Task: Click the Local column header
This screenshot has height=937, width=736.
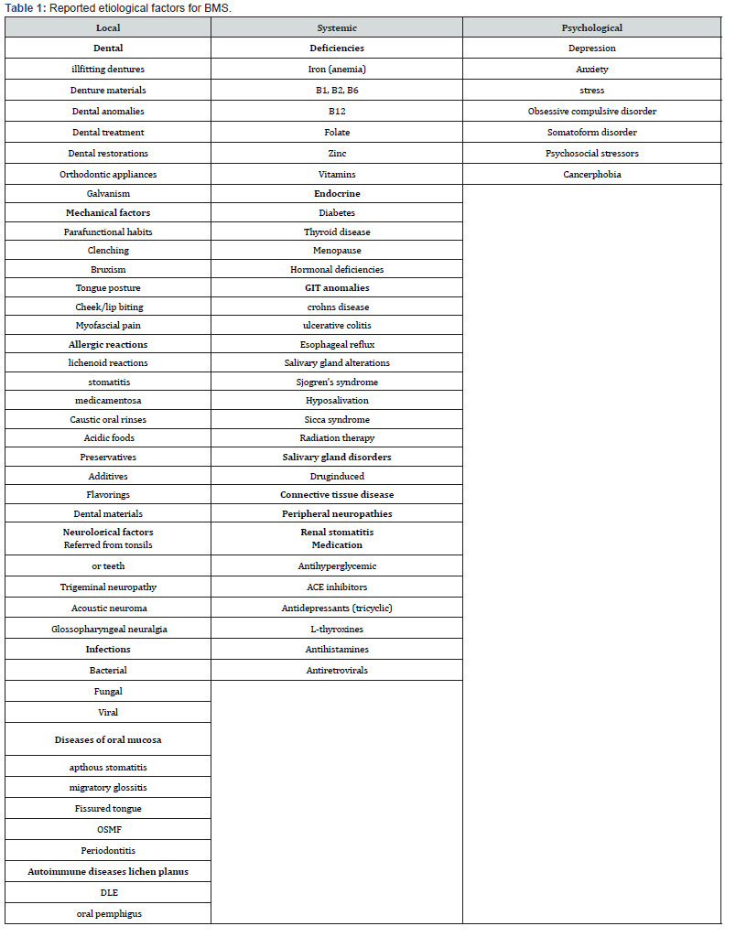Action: click(x=108, y=27)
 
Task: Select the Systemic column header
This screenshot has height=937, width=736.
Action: click(x=337, y=27)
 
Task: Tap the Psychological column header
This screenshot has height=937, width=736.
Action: click(x=591, y=27)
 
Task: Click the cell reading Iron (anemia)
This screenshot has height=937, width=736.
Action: click(x=337, y=70)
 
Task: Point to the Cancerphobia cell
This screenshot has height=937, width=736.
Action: click(x=591, y=174)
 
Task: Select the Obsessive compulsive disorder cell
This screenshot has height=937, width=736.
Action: click(x=591, y=111)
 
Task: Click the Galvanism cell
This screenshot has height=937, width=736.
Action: click(x=108, y=194)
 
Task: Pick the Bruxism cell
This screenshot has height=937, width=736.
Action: click(x=108, y=270)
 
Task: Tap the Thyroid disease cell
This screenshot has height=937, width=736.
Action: click(x=337, y=232)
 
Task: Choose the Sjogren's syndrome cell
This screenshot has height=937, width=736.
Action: click(x=337, y=382)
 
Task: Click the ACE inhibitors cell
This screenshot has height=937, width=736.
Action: click(x=337, y=587)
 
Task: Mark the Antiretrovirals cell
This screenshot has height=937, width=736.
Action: click(x=337, y=671)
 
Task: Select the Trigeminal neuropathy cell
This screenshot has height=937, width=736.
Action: click(x=108, y=587)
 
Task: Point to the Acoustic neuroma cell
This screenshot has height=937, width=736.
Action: click(x=108, y=608)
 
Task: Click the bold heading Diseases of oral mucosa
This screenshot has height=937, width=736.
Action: click(x=108, y=739)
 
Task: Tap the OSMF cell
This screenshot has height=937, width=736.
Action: click(x=108, y=829)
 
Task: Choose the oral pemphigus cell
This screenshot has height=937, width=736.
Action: click(x=108, y=913)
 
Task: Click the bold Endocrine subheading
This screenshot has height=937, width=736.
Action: click(x=337, y=194)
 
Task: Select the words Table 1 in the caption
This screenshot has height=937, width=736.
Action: click(x=24, y=8)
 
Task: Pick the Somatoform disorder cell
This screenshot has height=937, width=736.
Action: click(x=591, y=132)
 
